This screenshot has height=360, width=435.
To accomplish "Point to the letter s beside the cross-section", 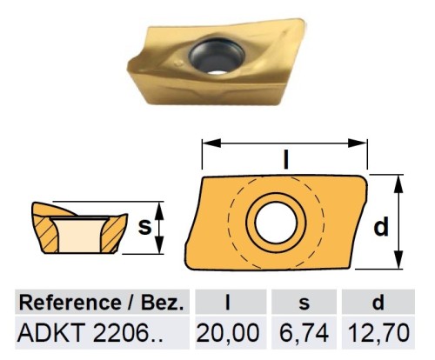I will tap(145, 227).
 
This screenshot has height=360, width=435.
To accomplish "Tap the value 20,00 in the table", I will tap(229, 331).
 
